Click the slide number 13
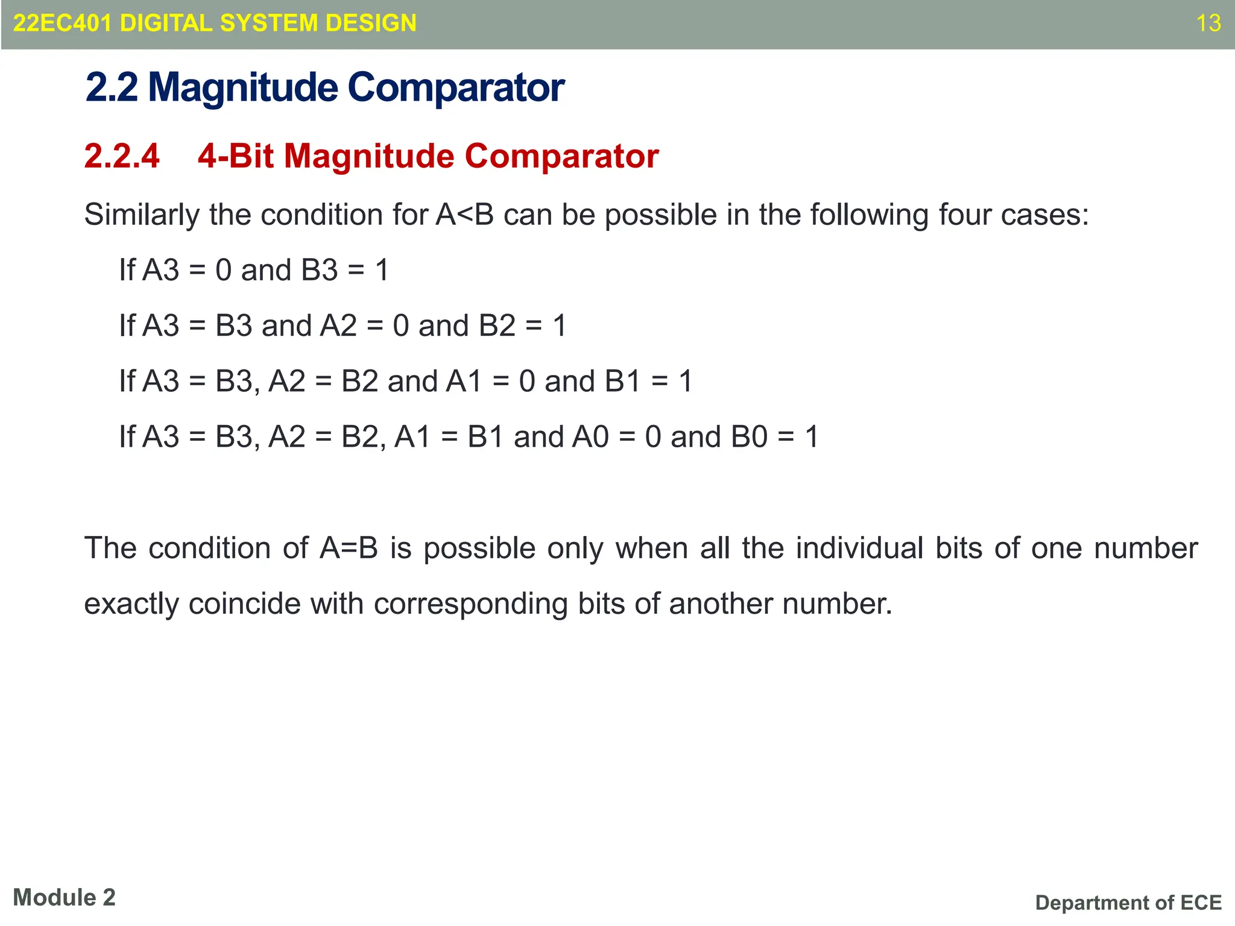pos(1208,24)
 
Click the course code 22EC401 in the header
pos(63,24)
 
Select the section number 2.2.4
pos(122,156)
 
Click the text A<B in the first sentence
pos(464,215)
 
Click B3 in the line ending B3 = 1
pos(320,270)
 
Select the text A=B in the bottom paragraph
pos(349,549)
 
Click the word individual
pos(859,549)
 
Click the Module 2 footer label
pos(64,898)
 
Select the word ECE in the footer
pos(1201,902)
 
